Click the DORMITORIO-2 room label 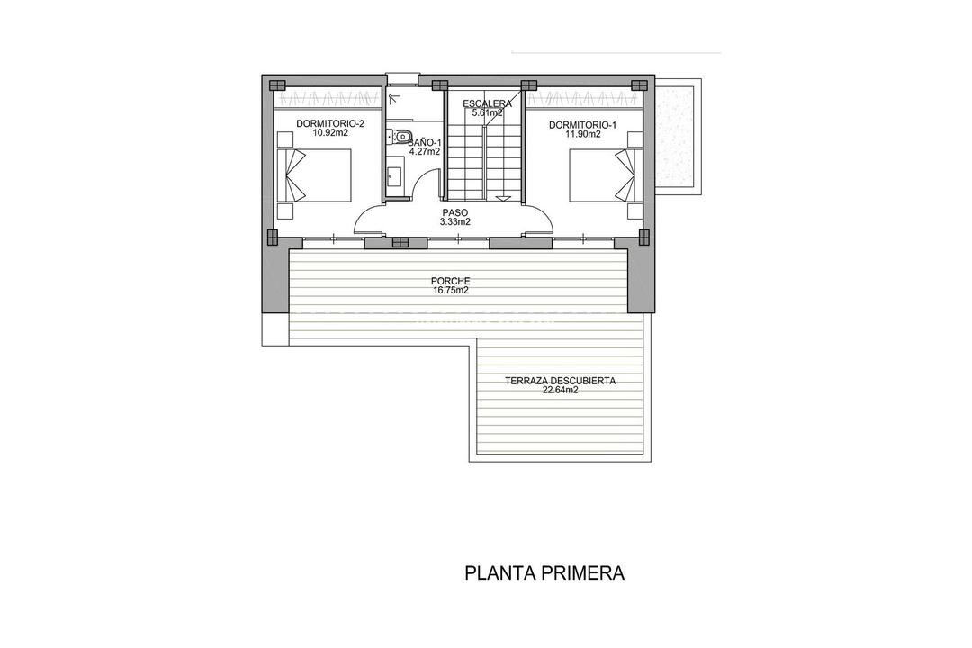[x=322, y=123]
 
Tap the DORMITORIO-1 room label [x=582, y=125]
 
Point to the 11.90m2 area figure [x=582, y=135]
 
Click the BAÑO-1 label [x=423, y=142]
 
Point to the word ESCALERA [x=488, y=103]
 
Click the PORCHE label [x=451, y=281]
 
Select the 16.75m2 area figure [x=451, y=290]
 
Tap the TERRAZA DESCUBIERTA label [x=560, y=381]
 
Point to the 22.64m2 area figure [x=560, y=391]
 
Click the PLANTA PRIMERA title [x=544, y=572]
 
